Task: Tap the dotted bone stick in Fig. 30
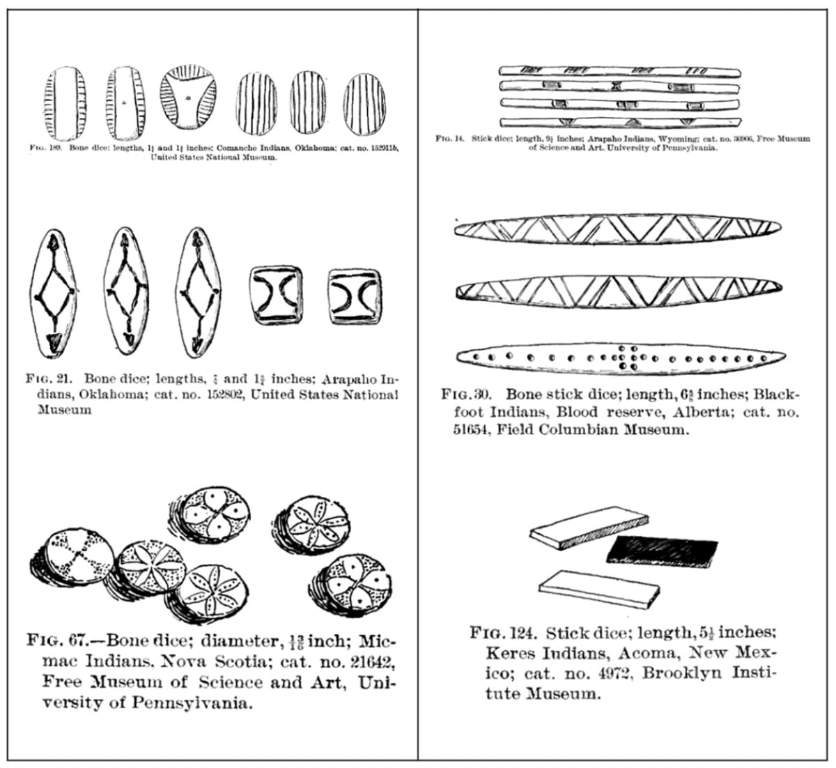point(617,357)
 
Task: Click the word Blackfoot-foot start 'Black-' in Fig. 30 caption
point(774,394)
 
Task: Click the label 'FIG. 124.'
point(504,633)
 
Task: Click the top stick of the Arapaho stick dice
point(619,72)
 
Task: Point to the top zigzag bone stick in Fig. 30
point(617,229)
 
